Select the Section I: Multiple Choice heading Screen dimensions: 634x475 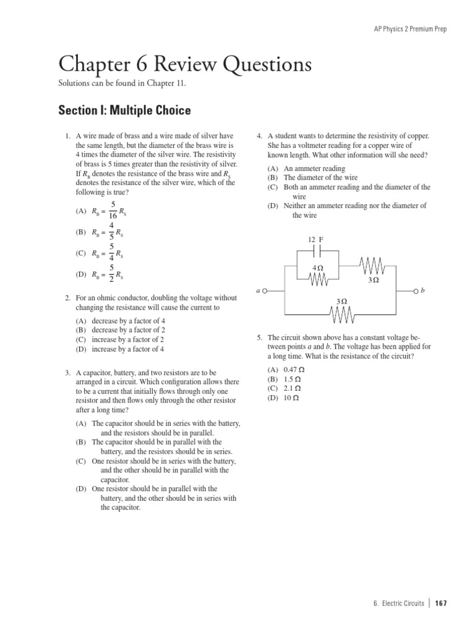(124, 110)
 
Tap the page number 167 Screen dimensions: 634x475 (440, 604)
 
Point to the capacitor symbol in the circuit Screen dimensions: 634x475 (317, 251)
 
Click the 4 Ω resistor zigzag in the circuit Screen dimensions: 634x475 (318, 279)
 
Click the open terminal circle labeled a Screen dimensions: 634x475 (265, 290)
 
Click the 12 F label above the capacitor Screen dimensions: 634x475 (315, 239)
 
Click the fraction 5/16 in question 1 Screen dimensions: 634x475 (113, 211)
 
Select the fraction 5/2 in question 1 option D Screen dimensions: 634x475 (112, 273)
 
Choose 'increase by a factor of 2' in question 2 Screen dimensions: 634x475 (127, 340)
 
